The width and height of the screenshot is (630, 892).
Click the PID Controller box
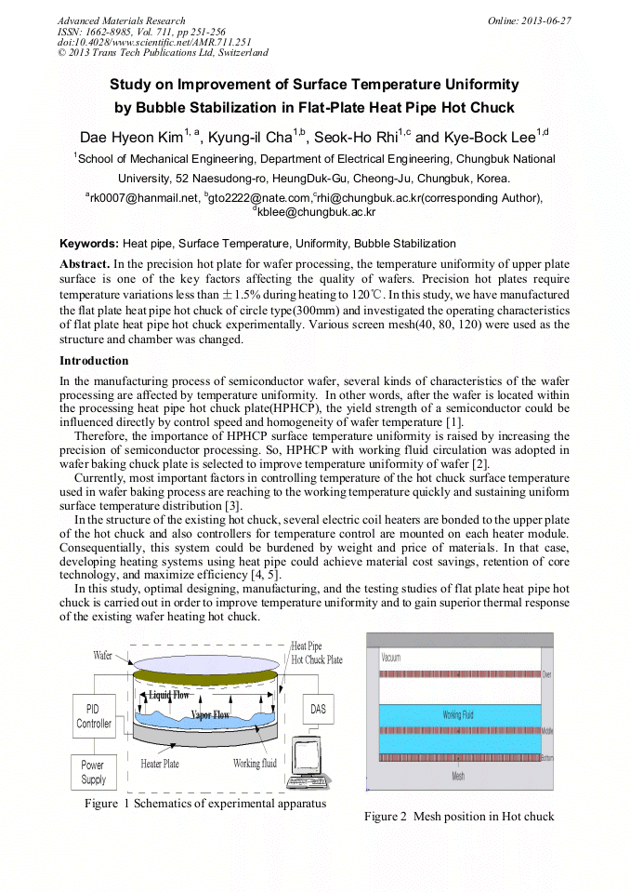pyautogui.click(x=94, y=716)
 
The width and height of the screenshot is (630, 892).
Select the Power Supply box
pyautogui.click(x=94, y=772)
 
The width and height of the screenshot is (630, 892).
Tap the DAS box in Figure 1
pyautogui.click(x=318, y=710)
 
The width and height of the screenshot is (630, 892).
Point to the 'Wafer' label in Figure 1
pyautogui.click(x=103, y=656)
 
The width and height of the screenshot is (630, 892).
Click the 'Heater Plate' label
pyautogui.click(x=160, y=764)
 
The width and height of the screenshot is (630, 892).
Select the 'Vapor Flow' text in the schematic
pyautogui.click(x=210, y=715)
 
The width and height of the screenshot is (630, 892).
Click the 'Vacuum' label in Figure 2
pyautogui.click(x=391, y=658)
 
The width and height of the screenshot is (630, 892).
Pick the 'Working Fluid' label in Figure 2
pyautogui.click(x=458, y=714)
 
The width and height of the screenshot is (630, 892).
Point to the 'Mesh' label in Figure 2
pyautogui.click(x=458, y=776)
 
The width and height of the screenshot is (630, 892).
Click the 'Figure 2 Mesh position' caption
pyautogui.click(x=458, y=817)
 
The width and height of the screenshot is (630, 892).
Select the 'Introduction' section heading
pyautogui.click(x=94, y=361)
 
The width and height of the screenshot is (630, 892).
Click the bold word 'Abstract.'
pyautogui.click(x=85, y=264)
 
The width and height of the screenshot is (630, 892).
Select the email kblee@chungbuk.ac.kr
pyautogui.click(x=316, y=212)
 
